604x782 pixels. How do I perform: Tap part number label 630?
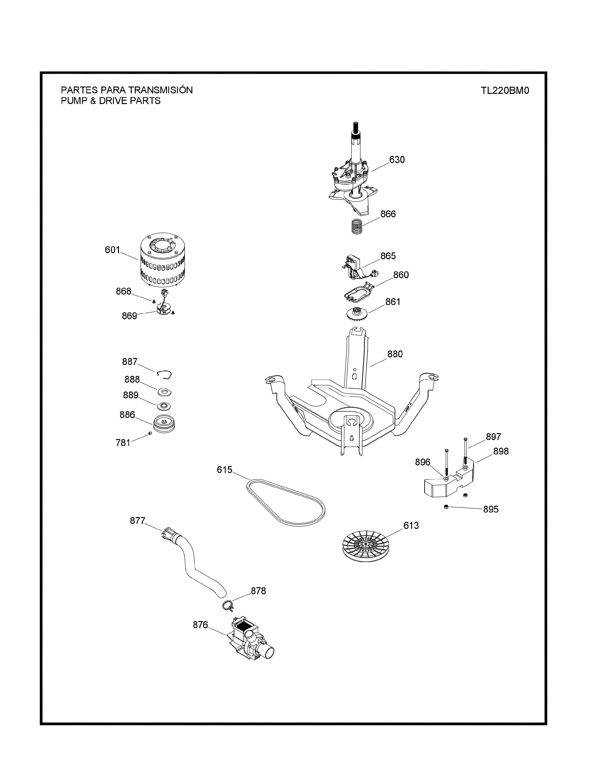click(397, 160)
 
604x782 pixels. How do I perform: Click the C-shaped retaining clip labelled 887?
click(164, 374)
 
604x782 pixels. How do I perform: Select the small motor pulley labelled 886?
click(163, 424)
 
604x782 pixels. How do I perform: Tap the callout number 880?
click(395, 354)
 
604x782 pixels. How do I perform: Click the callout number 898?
click(501, 451)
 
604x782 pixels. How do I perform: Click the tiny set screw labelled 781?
click(150, 434)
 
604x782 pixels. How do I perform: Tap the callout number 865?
click(388, 256)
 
